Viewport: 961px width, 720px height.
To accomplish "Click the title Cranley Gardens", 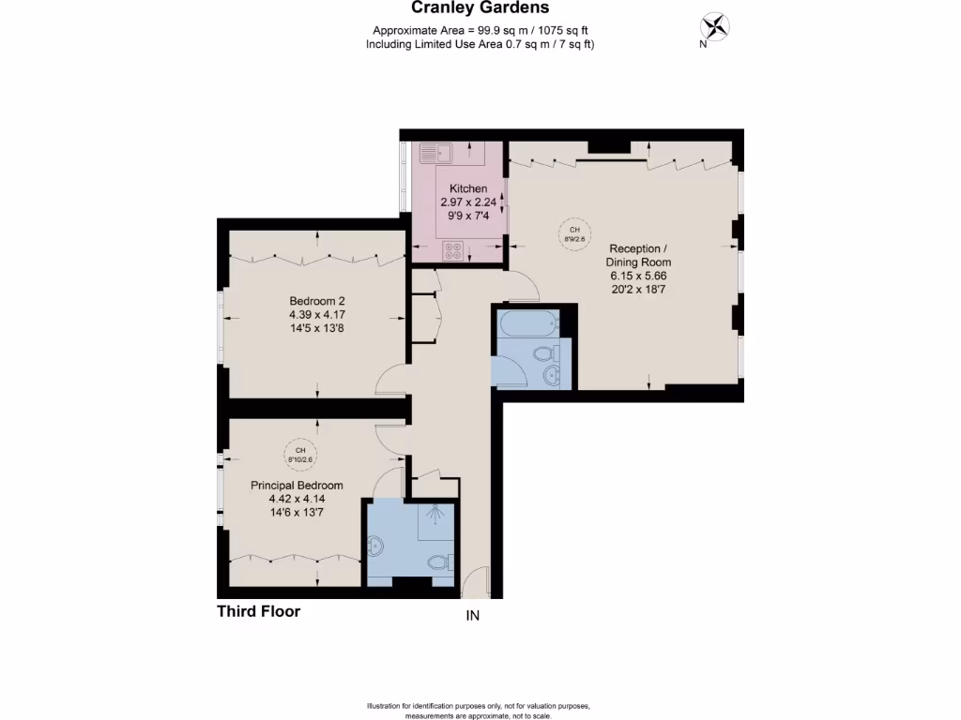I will point(480,9).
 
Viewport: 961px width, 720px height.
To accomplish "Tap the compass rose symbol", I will point(716,26).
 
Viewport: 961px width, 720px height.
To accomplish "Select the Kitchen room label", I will point(468,188).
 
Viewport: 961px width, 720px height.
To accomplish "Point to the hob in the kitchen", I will point(453,250).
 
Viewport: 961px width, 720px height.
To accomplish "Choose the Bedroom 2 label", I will point(318,301).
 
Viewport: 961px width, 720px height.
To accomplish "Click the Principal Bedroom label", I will point(297,486).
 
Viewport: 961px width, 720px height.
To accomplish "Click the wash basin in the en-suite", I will point(377,546).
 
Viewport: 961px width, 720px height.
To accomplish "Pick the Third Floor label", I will point(259,611).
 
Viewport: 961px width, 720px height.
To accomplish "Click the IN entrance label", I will point(472,616).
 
